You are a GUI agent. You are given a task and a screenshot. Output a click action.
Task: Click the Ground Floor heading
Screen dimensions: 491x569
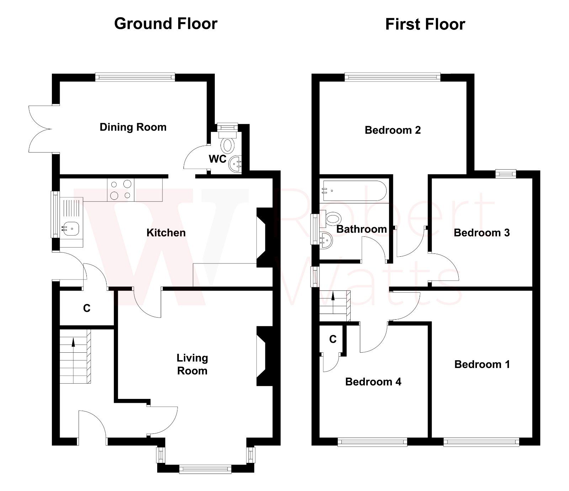166,24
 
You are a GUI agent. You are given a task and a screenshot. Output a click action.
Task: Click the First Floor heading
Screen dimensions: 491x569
425,25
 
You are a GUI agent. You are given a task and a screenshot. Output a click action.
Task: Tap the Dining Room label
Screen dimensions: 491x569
133,127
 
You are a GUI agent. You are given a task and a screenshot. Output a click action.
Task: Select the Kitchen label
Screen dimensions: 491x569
166,233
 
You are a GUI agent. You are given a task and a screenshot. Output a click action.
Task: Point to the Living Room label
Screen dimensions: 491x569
192,364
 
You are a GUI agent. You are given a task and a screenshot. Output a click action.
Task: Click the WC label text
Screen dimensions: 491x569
218,159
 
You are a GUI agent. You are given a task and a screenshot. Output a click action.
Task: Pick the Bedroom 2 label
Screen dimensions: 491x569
393,130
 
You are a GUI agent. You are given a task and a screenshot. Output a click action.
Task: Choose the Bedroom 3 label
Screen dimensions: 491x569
482,233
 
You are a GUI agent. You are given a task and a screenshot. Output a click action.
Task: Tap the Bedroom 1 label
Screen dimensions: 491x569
482,364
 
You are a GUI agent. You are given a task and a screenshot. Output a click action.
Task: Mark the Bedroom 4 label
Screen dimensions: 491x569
373,382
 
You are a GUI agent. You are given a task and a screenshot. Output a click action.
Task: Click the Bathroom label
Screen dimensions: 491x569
361,229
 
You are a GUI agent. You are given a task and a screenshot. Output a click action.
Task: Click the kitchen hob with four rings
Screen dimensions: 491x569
121,190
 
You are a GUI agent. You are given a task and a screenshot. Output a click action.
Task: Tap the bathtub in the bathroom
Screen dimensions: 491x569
353,191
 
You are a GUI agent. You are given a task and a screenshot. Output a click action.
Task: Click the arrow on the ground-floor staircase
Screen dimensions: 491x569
74,342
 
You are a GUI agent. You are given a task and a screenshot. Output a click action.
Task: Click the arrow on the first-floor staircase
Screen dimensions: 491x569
333,297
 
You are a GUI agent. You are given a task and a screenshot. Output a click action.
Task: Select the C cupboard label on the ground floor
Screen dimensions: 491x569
87,308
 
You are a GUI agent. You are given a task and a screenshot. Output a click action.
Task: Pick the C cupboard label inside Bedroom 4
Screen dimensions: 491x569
333,340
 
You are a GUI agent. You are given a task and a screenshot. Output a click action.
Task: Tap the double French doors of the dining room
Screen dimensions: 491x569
41,129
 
